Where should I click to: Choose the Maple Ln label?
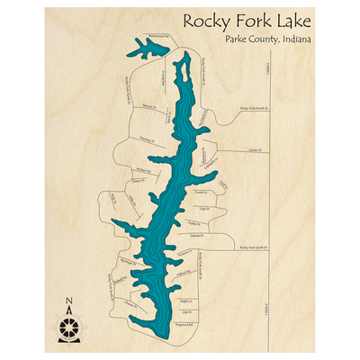(x=186, y=301)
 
